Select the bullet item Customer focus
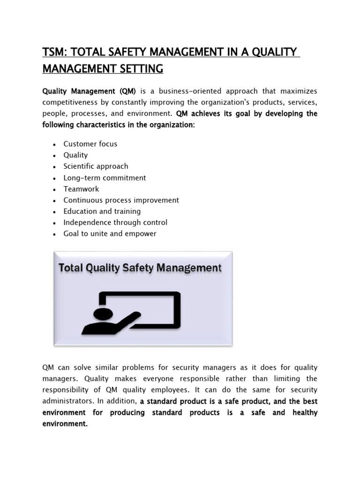coord(90,144)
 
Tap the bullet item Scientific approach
coord(96,166)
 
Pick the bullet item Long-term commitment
coord(105,178)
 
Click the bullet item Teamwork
coord(81,189)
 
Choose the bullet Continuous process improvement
coord(121,200)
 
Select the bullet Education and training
coord(102,211)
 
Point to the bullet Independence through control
coord(115,223)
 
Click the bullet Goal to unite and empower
coord(110,234)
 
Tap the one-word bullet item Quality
coord(75,155)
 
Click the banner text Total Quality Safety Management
coord(140,268)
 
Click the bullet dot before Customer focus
coord(55,144)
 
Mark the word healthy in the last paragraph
coord(305,412)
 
